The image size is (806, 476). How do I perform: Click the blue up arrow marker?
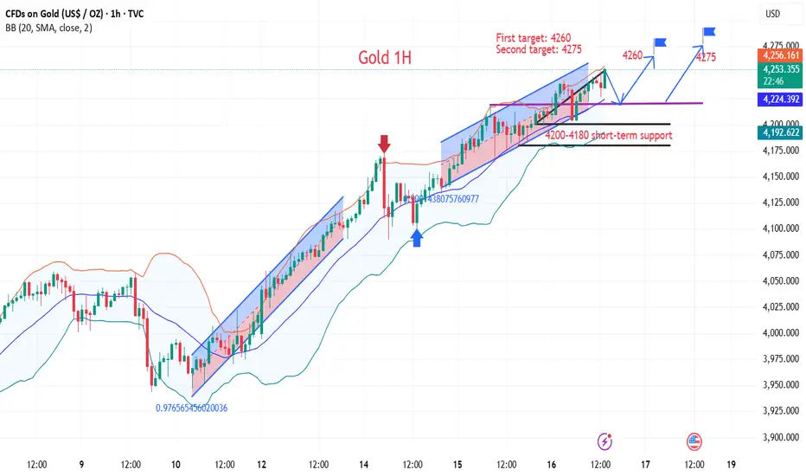416,238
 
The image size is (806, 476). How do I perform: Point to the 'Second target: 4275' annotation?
539,50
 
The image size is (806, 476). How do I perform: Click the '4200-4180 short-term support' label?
608,135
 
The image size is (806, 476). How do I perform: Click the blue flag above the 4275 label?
709,33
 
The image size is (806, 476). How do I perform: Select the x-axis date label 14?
363,465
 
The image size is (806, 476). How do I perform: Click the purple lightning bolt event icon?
605,441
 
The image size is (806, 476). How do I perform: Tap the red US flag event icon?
693,441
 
